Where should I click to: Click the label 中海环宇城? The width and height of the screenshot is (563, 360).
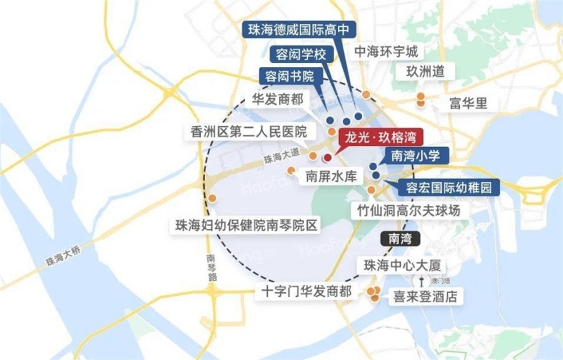[386, 51]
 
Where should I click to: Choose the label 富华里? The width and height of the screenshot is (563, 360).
[468, 103]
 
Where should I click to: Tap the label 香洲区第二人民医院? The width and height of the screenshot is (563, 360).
[248, 132]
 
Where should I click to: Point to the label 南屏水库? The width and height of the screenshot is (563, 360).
[331, 177]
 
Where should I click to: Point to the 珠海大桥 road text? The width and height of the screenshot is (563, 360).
[63, 255]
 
